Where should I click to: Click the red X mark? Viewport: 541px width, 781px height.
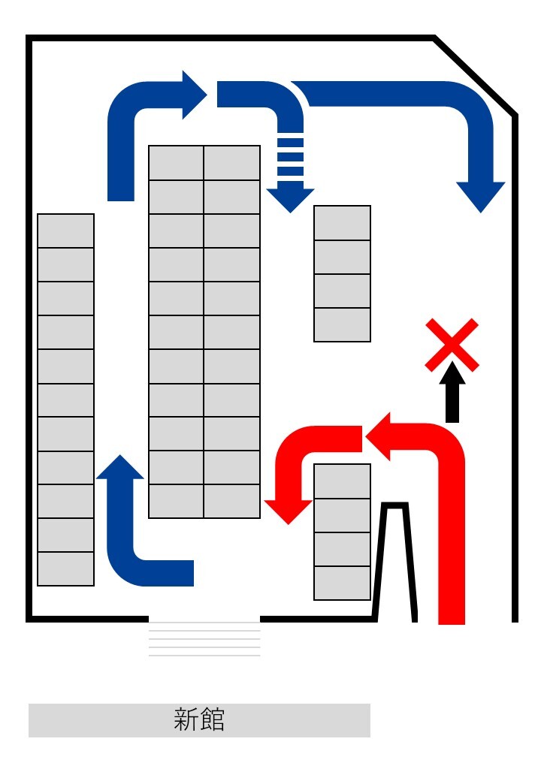click(x=452, y=345)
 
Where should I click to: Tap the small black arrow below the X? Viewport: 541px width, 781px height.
click(x=452, y=393)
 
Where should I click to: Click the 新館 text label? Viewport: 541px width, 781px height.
click(x=199, y=720)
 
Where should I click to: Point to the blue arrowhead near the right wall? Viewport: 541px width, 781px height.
click(x=481, y=196)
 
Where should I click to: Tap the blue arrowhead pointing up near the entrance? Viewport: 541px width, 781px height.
click(x=120, y=468)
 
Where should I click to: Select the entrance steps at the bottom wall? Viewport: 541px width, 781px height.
click(x=204, y=639)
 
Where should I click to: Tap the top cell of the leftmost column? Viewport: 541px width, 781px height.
click(x=66, y=231)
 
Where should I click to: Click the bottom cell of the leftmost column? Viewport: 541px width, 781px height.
click(x=66, y=569)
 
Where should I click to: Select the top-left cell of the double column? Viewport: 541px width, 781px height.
click(x=177, y=163)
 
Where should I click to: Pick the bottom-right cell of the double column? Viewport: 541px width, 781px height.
click(x=232, y=501)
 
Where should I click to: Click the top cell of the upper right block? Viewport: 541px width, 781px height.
click(x=343, y=223)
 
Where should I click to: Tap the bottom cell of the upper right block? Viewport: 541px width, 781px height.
click(x=343, y=324)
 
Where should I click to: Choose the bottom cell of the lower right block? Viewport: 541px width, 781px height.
click(x=343, y=583)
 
